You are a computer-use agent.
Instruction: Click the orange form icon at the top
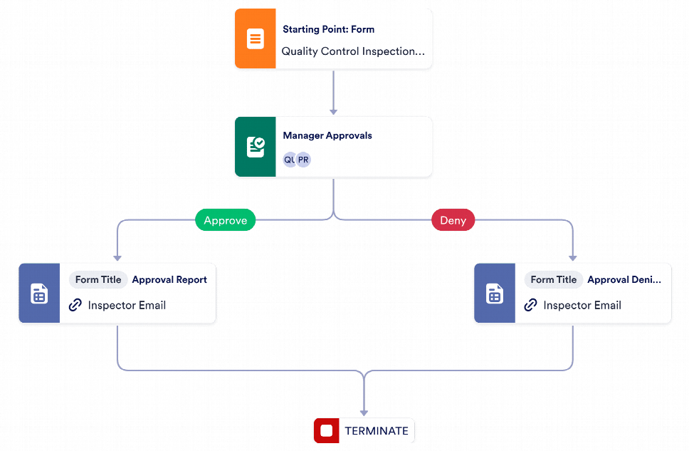pyautogui.click(x=256, y=38)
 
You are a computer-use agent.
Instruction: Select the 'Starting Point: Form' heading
pyautogui.click(x=329, y=29)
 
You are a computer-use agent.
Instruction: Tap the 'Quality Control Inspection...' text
pyautogui.click(x=353, y=51)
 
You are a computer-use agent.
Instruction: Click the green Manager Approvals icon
pyautogui.click(x=256, y=147)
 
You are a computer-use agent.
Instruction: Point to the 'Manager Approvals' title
pyautogui.click(x=327, y=135)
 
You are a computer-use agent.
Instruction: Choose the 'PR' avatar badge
pyautogui.click(x=303, y=160)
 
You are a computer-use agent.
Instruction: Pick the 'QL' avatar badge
pyautogui.click(x=289, y=160)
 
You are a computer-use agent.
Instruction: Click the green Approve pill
pyautogui.click(x=226, y=220)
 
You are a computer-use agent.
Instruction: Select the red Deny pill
pyautogui.click(x=453, y=220)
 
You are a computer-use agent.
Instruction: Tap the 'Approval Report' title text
pyautogui.click(x=169, y=280)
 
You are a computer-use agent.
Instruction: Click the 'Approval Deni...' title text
pyautogui.click(x=624, y=280)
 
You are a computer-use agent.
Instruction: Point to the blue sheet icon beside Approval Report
pyautogui.click(x=39, y=293)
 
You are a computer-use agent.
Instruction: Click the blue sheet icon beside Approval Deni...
pyautogui.click(x=495, y=293)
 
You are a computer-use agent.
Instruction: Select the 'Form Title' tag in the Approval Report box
pyautogui.click(x=98, y=280)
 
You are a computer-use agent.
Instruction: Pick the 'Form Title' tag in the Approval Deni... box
pyautogui.click(x=554, y=280)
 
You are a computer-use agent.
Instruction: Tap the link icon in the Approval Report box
pyautogui.click(x=75, y=305)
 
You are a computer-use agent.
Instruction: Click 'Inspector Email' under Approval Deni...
pyautogui.click(x=582, y=306)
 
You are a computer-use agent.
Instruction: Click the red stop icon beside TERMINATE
pyautogui.click(x=327, y=431)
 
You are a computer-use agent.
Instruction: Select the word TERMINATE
pyautogui.click(x=377, y=431)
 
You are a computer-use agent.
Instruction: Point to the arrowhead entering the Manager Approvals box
pyautogui.click(x=334, y=112)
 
